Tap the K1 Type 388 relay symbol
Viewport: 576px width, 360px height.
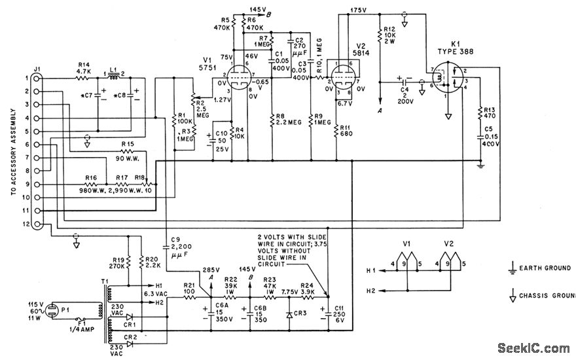tap(449, 82)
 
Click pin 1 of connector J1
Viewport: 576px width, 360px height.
tap(38, 78)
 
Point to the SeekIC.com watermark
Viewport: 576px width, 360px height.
tap(533, 348)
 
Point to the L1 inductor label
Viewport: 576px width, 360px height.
tap(112, 68)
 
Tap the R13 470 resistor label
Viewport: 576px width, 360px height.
tap(488, 115)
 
